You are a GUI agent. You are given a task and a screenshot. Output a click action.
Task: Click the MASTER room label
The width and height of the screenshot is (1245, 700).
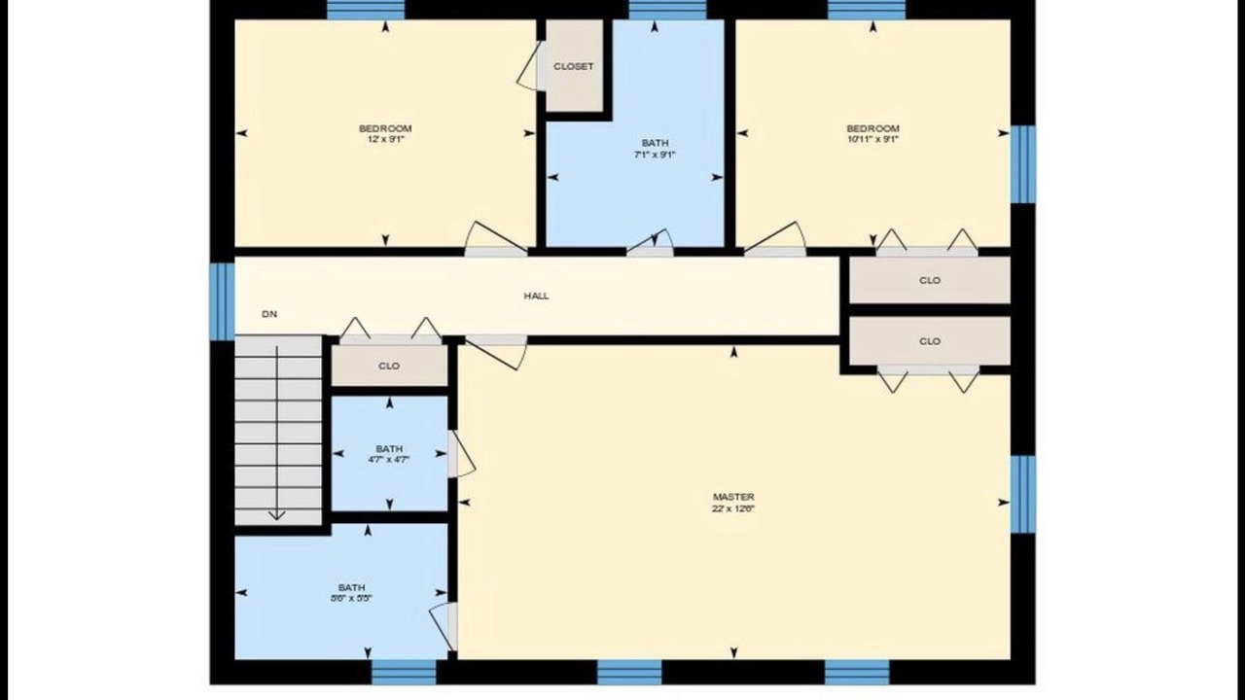[733, 497]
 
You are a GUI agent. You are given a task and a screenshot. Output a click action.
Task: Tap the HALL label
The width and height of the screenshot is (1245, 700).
[536, 297]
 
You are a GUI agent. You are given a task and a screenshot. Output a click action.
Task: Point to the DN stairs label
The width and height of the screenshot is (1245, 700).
[269, 314]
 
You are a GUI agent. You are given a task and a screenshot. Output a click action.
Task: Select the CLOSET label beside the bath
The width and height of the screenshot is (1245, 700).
[574, 66]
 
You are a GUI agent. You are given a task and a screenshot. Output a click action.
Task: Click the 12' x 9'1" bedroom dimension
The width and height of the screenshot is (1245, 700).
[385, 139]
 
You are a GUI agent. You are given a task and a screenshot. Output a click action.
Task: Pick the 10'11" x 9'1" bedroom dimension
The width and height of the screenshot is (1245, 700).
[873, 139]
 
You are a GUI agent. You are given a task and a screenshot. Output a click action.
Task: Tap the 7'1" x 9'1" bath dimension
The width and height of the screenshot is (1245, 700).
[655, 155]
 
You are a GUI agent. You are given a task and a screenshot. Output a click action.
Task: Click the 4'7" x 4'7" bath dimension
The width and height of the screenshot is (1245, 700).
[389, 460]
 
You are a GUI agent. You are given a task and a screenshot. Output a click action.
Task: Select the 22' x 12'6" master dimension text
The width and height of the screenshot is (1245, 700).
[733, 508]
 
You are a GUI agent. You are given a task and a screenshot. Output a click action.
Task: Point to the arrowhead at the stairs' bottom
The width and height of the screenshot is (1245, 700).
[277, 515]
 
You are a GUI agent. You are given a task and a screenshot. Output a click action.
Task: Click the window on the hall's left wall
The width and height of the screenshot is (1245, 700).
[222, 301]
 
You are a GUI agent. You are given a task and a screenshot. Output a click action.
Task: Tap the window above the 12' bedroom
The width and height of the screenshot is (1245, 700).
[365, 10]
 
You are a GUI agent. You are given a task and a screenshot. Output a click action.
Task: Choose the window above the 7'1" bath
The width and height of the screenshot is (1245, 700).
[667, 10]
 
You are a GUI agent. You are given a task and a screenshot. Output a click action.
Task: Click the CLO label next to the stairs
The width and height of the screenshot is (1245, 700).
[389, 367]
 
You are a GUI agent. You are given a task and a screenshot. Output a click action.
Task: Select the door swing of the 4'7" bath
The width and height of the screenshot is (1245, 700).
[462, 454]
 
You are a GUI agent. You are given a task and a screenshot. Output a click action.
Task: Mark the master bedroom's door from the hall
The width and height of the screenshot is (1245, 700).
[496, 352]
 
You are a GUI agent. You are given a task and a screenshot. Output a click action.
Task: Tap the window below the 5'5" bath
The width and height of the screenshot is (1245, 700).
[404, 672]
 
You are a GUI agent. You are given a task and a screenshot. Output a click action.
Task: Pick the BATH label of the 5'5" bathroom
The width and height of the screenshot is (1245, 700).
[352, 587]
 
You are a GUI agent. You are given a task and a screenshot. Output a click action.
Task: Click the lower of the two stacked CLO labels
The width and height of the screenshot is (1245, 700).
[930, 341]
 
